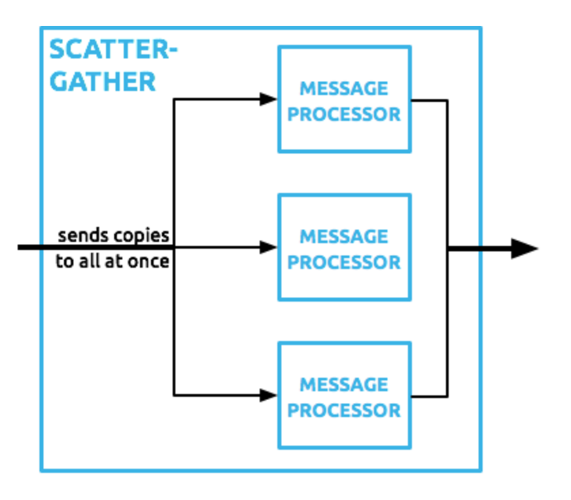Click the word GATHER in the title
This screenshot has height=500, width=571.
coord(103,82)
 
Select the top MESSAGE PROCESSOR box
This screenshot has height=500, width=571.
coord(344,99)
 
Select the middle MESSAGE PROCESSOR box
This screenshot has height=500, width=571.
coord(344,248)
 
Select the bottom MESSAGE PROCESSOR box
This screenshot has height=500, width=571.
coord(344,395)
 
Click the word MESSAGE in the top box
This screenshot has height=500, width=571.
coord(344,88)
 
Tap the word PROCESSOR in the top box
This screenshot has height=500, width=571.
coord(344,113)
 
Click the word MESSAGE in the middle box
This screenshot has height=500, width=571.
coord(344,236)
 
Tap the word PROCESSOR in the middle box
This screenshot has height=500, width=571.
coord(344,262)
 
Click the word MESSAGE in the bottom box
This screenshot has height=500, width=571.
coord(344,385)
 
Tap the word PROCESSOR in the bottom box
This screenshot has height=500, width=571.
coord(344,410)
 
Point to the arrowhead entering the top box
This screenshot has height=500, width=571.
coord(269,99)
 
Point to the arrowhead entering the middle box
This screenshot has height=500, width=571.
coord(269,248)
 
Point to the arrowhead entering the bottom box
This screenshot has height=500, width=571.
coord(269,394)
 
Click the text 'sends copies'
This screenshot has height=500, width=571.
coord(113,236)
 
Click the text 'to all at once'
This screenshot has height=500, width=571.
coord(112,262)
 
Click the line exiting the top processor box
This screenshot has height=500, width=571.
coord(430,101)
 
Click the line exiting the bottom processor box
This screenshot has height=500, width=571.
coord(430,396)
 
